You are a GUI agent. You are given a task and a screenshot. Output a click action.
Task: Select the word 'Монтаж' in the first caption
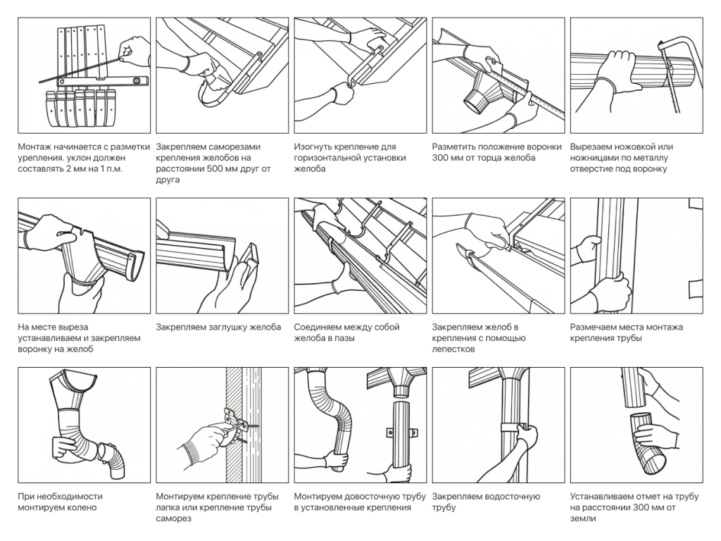coord(37,147)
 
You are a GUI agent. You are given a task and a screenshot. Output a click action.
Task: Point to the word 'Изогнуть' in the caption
coord(314,147)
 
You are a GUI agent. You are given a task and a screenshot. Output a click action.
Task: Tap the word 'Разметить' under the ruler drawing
coord(455,147)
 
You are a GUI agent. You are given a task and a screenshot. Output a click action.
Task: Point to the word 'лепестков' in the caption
coord(455,349)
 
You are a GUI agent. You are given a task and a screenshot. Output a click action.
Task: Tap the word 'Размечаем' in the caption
coord(596,327)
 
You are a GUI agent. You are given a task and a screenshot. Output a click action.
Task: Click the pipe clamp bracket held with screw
coord(232,423)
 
